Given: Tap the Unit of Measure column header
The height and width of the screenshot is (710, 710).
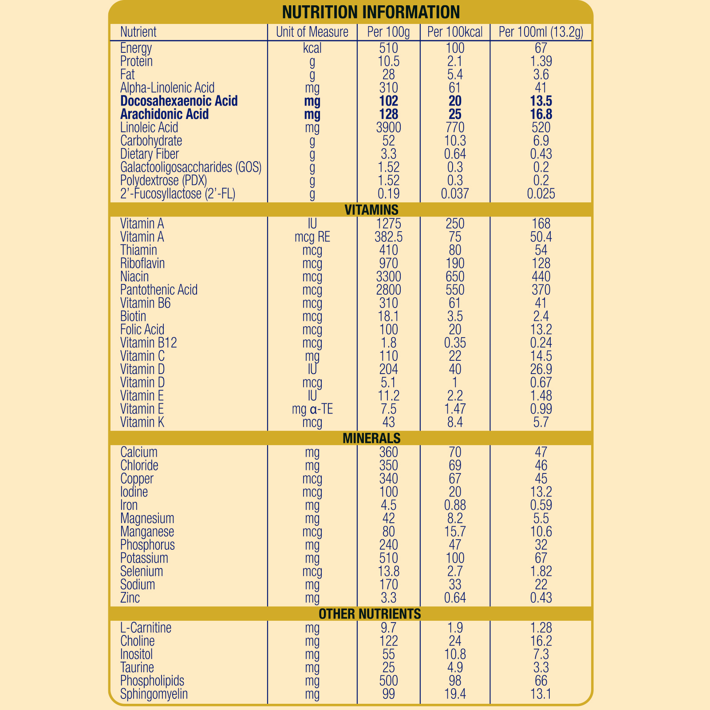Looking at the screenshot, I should tap(312, 32).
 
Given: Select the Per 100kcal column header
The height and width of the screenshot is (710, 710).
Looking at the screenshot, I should tap(455, 32).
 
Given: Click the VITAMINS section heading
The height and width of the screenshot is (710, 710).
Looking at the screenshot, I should tap(371, 209).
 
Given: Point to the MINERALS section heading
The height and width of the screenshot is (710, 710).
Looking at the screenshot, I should tap(371, 438).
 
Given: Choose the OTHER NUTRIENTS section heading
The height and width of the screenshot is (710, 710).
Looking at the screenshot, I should tap(370, 614).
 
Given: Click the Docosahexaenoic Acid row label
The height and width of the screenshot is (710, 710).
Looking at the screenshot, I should tap(179, 101).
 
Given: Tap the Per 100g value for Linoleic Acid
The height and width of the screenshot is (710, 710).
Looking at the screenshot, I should tap(388, 128).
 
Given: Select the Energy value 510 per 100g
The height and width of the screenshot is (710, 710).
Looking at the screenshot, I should tap(388, 48).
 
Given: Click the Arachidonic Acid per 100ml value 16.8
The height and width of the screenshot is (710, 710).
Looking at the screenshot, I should tap(541, 114).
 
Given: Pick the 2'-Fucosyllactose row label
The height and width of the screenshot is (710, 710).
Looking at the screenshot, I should tap(177, 194).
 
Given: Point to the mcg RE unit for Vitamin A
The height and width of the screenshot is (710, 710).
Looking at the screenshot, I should tap(312, 237).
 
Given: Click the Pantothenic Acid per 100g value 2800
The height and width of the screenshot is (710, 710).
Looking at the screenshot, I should tap(388, 290).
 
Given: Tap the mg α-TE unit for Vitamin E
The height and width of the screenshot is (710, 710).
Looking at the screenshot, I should tap(312, 409).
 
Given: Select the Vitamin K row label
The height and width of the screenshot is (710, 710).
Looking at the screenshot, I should tap(142, 422).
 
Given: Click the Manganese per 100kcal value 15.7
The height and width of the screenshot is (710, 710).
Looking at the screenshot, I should tap(455, 532).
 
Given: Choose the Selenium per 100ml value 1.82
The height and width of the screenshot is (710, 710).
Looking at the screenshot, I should tap(541, 572).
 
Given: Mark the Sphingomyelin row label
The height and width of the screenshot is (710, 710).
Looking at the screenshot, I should tap(154, 694).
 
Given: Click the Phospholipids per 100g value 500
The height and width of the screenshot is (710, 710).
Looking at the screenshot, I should tap(388, 681).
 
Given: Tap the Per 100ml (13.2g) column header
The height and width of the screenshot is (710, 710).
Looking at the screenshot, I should tap(541, 32).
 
